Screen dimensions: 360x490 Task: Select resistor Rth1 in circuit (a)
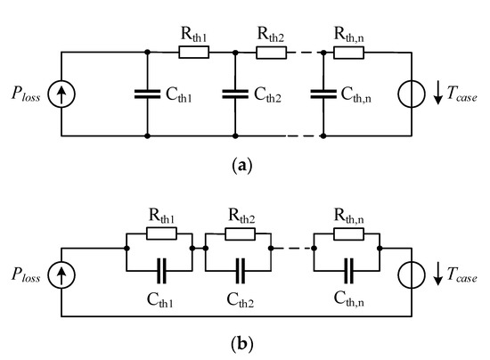click(x=194, y=53)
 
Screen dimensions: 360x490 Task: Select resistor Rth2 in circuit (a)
click(x=271, y=53)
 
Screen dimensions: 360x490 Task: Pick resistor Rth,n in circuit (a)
click(x=349, y=53)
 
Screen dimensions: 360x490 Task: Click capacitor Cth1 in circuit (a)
click(x=147, y=95)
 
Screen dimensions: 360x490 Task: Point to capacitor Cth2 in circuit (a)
click(x=234, y=95)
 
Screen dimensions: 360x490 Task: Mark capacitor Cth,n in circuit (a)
click(x=323, y=95)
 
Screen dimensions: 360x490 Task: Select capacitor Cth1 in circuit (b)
click(x=161, y=265)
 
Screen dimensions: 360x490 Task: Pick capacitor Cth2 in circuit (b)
click(x=240, y=265)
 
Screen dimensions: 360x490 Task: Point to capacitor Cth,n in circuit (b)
click(x=347, y=265)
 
